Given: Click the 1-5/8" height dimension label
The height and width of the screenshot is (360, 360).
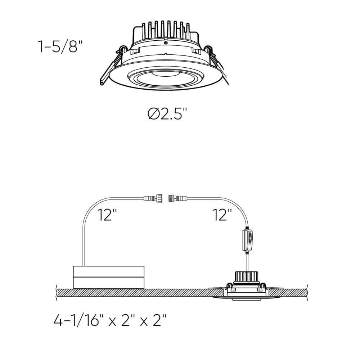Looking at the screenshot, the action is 60,46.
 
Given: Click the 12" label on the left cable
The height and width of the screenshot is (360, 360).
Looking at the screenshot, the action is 107,215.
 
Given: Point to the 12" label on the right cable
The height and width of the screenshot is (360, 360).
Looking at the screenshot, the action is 222,215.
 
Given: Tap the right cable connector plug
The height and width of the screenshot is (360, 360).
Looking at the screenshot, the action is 178,198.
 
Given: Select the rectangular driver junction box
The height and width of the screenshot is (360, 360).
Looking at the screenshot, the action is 109,277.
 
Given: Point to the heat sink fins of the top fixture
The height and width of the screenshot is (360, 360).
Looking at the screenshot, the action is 165,30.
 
